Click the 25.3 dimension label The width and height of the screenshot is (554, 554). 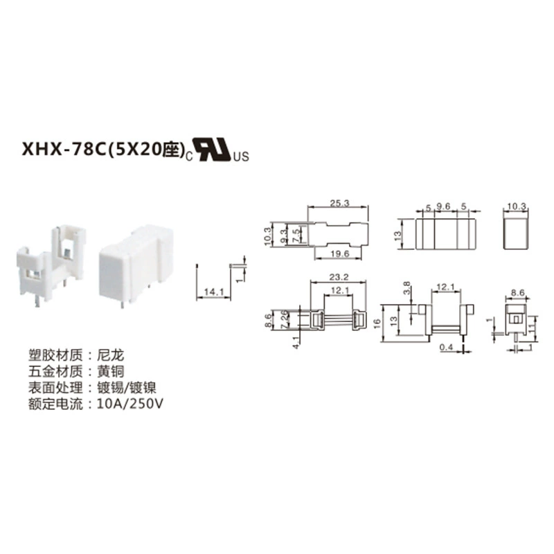tap(339, 203)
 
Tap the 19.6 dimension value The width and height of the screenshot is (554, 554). tap(339, 253)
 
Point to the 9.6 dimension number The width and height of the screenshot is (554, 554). tap(443, 206)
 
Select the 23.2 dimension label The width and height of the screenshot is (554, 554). tap(339, 277)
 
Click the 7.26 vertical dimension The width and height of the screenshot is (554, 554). tap(285, 320)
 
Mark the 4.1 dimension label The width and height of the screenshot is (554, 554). tap(296, 343)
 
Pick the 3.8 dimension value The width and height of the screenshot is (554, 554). tap(406, 288)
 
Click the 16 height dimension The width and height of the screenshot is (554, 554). tap(377, 323)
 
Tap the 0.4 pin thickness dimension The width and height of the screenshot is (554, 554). tap(446, 348)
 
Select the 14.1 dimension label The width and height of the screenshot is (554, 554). tap(214, 292)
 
